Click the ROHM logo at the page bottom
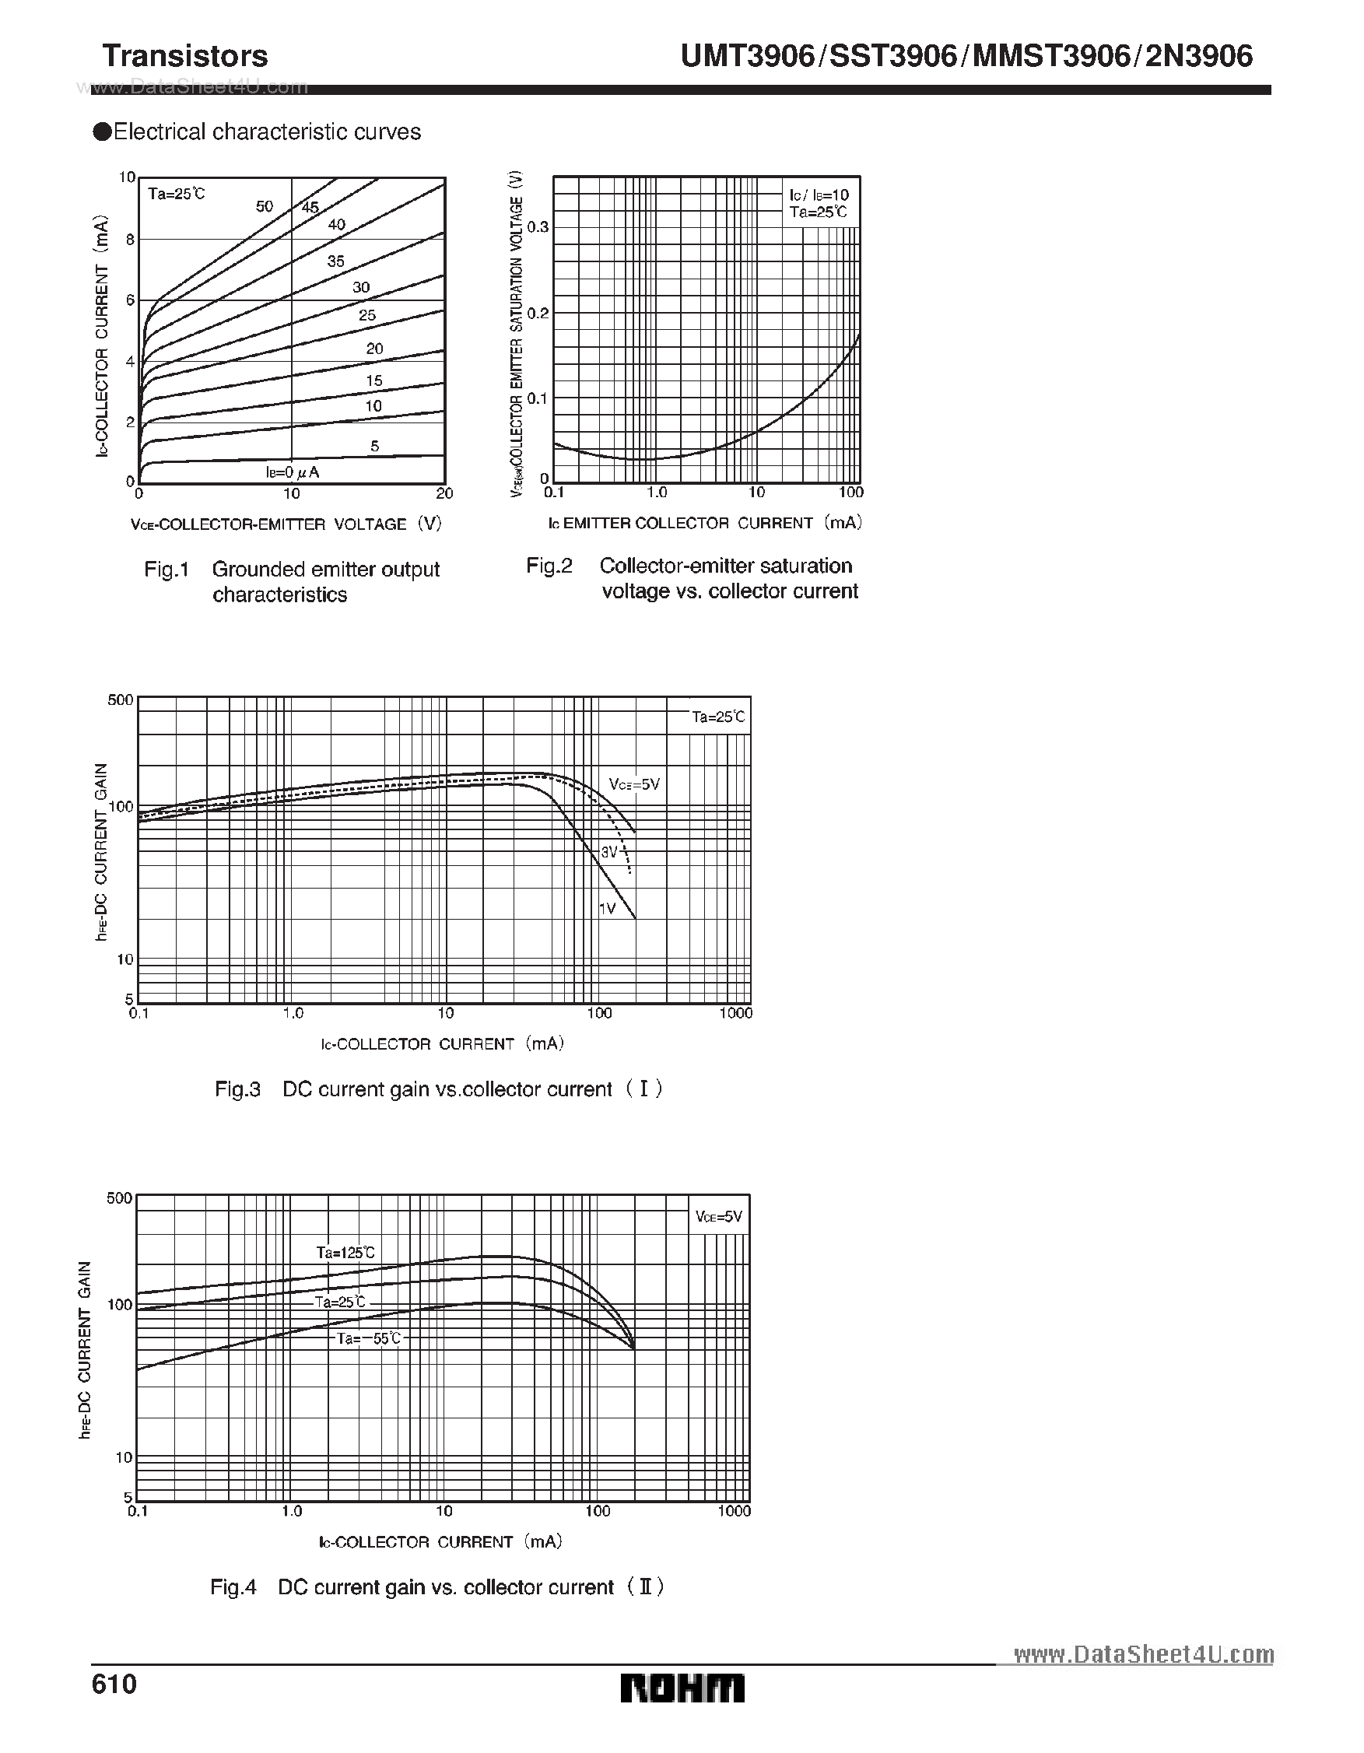(682, 1688)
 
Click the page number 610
(115, 1683)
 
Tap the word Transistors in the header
(185, 56)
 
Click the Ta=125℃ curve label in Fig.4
(345, 1253)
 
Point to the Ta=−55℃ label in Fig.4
(369, 1339)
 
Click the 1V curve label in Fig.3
(607, 908)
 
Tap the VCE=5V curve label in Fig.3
(634, 784)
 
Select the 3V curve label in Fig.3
(609, 852)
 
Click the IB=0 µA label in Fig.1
(293, 472)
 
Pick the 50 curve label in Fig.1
(264, 206)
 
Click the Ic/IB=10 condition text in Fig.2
(818, 195)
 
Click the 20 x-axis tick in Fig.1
(444, 493)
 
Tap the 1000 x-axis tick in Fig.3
(735, 1013)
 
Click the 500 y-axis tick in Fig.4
(119, 1198)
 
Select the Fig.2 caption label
(549, 566)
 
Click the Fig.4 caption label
(233, 1586)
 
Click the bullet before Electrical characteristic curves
(102, 131)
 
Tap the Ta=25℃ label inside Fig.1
(177, 194)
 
